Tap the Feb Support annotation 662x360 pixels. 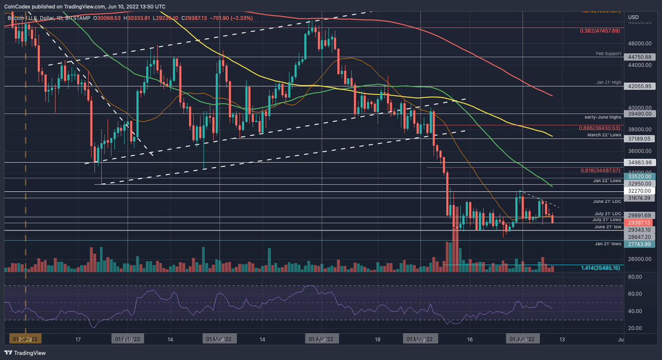pos(609,54)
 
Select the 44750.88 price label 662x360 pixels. pos(639,57)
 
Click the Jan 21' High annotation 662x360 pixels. pos(608,83)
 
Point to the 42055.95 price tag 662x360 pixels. pos(639,86)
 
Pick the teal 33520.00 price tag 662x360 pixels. pos(639,176)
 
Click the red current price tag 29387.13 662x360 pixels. pos(639,222)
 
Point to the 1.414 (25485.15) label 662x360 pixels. pos(600,268)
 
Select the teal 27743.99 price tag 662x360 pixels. pos(639,245)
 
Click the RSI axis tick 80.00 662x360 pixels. pos(635,277)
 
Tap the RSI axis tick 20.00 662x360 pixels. pos(635,328)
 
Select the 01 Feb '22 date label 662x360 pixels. pos(126,339)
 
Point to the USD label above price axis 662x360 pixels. pos(633,17)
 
